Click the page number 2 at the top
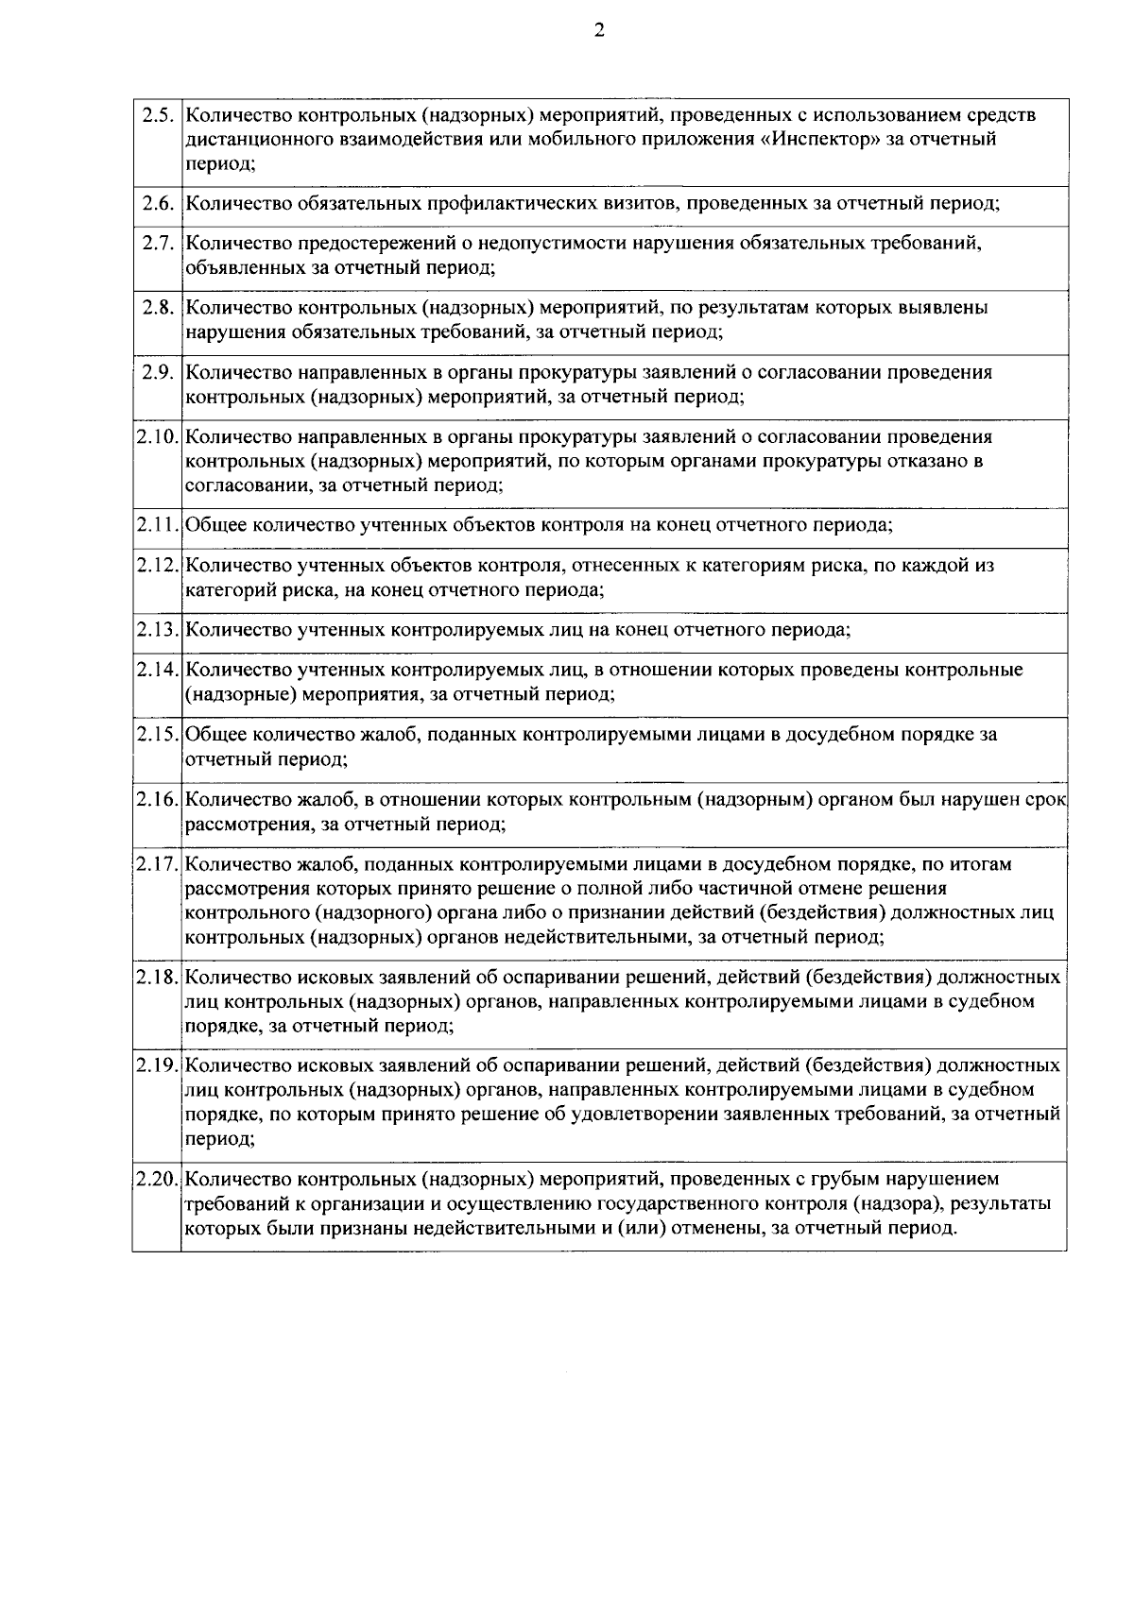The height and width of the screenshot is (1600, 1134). [x=598, y=30]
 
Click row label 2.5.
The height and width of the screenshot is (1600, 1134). [x=157, y=115]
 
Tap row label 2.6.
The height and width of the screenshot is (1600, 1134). [x=157, y=204]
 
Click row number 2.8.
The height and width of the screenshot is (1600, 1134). [x=157, y=308]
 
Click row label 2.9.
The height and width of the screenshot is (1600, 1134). [x=157, y=372]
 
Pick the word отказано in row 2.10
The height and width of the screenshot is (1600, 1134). [x=929, y=462]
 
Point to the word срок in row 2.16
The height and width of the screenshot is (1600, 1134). [x=1045, y=800]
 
